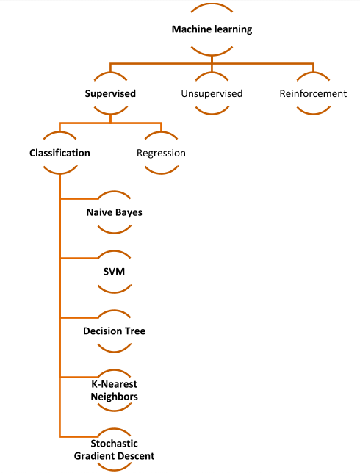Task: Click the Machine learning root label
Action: [212, 30]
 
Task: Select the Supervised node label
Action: [109, 94]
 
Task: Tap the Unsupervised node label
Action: [212, 94]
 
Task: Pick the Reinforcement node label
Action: [313, 94]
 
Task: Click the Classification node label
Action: [60, 154]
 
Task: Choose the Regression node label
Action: [161, 154]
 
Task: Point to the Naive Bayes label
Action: [114, 213]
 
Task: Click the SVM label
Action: [114, 272]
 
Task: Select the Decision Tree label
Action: [114, 331]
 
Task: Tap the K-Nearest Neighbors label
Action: [114, 391]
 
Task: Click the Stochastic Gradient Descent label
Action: [114, 450]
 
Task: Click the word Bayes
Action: [129, 213]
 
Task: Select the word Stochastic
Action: [114, 444]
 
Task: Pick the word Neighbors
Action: [114, 397]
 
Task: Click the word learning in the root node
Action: [231, 30]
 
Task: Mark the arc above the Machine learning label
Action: [212, 5]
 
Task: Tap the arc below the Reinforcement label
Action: [313, 112]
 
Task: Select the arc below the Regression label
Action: [161, 172]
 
